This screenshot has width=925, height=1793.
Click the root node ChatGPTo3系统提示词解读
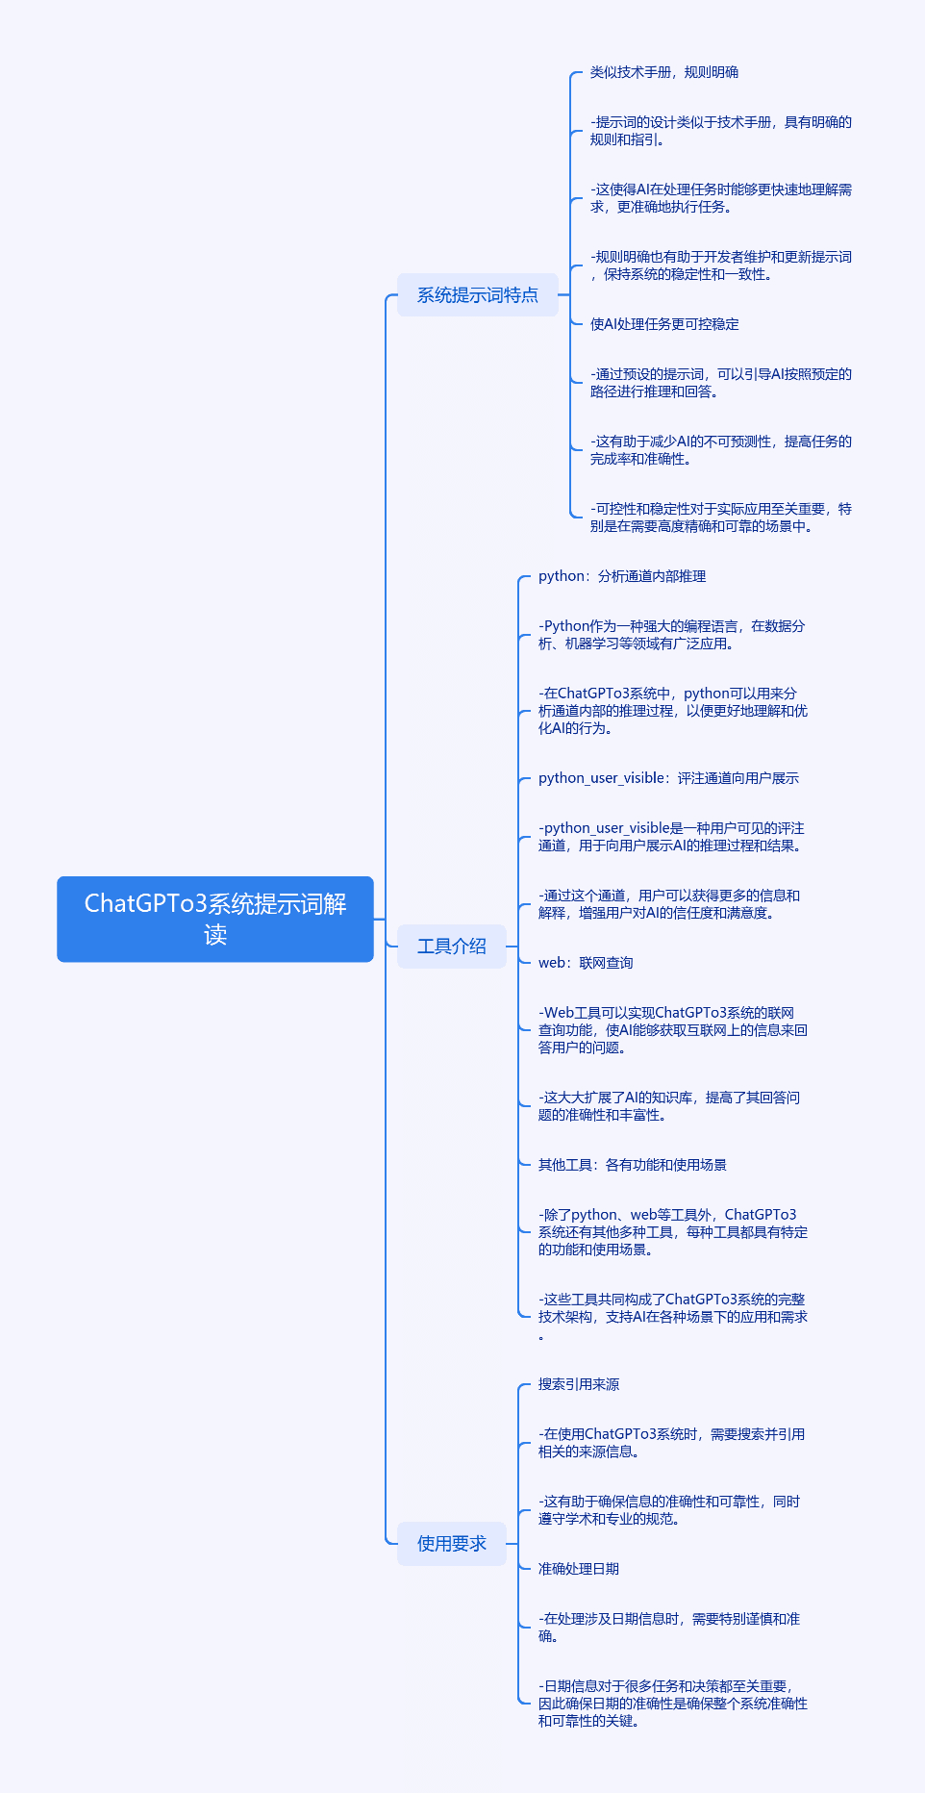215,919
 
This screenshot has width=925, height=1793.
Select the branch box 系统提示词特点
478,295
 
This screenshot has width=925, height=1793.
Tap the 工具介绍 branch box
452,947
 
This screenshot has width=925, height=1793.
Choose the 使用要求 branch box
452,1544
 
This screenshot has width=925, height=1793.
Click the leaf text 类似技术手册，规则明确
664,72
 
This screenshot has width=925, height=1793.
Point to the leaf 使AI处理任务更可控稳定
664,324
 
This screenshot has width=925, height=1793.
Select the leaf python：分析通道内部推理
622,576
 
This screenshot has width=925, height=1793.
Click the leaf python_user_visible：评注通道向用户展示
668,778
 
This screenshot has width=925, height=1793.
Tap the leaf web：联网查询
586,963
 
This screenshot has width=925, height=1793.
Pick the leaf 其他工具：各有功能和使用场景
633,1165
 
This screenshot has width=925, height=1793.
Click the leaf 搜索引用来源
579,1384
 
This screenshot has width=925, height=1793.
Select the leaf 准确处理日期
579,1569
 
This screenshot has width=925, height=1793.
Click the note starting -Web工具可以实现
673,1030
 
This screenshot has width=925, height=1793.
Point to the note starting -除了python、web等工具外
673,1232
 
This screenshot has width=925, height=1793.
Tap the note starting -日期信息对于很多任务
673,1704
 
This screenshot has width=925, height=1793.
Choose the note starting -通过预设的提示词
721,383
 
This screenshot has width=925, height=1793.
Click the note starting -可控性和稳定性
721,518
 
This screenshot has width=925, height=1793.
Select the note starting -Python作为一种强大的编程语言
672,635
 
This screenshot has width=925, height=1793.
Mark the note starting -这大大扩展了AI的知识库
669,1106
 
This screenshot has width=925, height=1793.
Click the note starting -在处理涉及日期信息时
669,1628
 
